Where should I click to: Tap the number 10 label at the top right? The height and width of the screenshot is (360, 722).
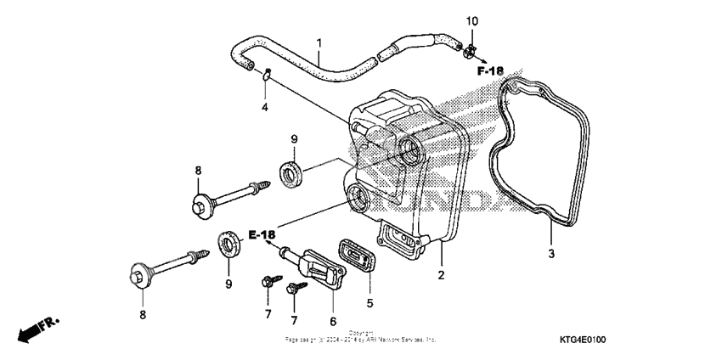pyautogui.click(x=472, y=20)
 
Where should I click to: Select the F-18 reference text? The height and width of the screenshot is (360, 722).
pyautogui.click(x=490, y=70)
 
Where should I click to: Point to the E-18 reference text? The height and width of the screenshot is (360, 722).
pyautogui.click(x=262, y=233)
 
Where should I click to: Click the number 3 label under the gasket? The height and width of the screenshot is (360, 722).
pyautogui.click(x=550, y=254)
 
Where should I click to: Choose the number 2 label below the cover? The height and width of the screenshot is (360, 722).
pyautogui.click(x=441, y=275)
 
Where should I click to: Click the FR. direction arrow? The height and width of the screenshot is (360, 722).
pyautogui.click(x=37, y=326)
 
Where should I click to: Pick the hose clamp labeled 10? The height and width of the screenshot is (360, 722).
pyautogui.click(x=469, y=53)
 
